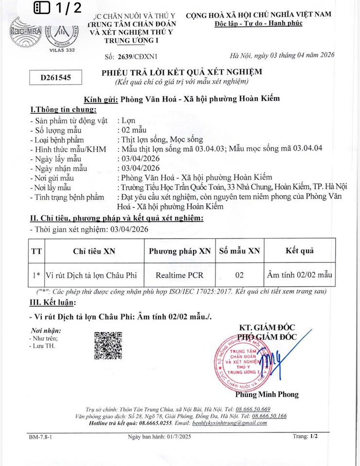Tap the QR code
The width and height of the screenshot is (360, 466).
click(x=108, y=345)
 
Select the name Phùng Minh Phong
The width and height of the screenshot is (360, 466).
click(x=267, y=394)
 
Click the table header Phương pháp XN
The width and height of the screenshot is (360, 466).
click(x=180, y=251)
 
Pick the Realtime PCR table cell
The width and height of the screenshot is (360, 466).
click(x=180, y=275)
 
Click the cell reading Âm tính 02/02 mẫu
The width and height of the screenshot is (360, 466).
click(x=299, y=275)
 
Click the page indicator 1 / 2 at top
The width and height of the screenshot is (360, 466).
click(x=58, y=8)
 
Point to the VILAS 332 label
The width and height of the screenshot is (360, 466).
click(x=62, y=50)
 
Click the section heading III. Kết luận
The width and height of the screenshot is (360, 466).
click(x=53, y=302)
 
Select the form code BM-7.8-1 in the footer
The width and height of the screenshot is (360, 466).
click(x=40, y=437)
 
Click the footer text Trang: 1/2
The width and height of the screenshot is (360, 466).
click(x=305, y=437)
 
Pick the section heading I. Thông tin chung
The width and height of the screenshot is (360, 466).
click(x=63, y=110)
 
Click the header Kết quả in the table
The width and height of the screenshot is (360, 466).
click(x=299, y=251)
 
